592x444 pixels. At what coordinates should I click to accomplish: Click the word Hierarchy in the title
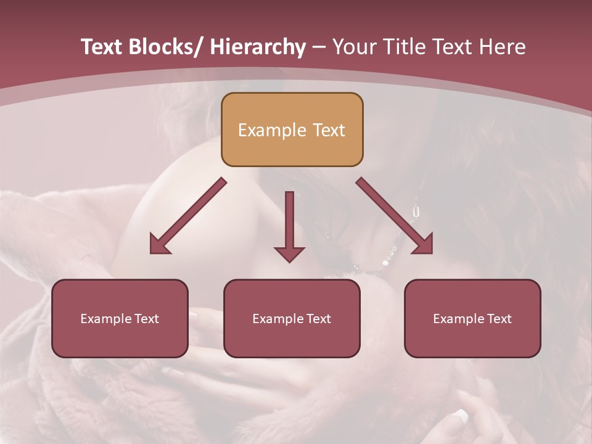[x=258, y=47]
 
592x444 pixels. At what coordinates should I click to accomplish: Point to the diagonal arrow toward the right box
[x=395, y=216]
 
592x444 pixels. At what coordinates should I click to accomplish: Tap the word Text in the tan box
[x=328, y=130]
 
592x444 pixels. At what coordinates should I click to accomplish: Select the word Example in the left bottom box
[x=106, y=319]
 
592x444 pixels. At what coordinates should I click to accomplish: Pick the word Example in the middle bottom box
[x=278, y=319]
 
